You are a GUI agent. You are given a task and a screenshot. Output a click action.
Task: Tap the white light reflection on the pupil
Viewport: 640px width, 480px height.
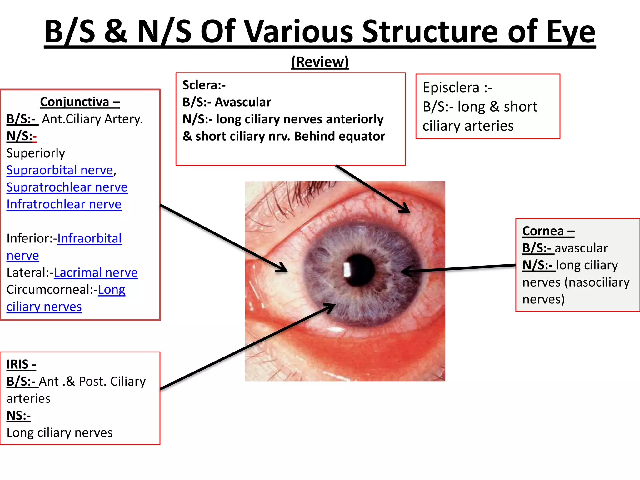[x=347, y=270]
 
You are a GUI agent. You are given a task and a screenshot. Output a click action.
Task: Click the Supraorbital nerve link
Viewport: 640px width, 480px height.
[x=60, y=170]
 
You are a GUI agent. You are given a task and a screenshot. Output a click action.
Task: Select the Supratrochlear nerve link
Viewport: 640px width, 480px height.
[x=67, y=187]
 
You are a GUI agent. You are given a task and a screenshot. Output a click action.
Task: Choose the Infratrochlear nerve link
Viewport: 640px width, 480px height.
[x=64, y=204]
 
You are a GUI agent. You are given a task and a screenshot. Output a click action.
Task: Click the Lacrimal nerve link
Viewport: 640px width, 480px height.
[x=96, y=273]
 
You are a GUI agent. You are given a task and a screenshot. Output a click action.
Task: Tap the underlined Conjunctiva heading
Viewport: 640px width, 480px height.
[x=80, y=102]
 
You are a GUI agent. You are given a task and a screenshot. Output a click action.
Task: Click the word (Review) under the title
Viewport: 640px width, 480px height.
[x=320, y=62]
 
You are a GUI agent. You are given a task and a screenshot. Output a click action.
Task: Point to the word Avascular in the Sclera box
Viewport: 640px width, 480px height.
[x=243, y=102]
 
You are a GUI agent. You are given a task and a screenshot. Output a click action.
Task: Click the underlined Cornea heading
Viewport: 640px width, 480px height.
[x=548, y=231]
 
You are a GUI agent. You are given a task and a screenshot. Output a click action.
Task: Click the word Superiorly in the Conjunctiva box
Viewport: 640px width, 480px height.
[x=36, y=153]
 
